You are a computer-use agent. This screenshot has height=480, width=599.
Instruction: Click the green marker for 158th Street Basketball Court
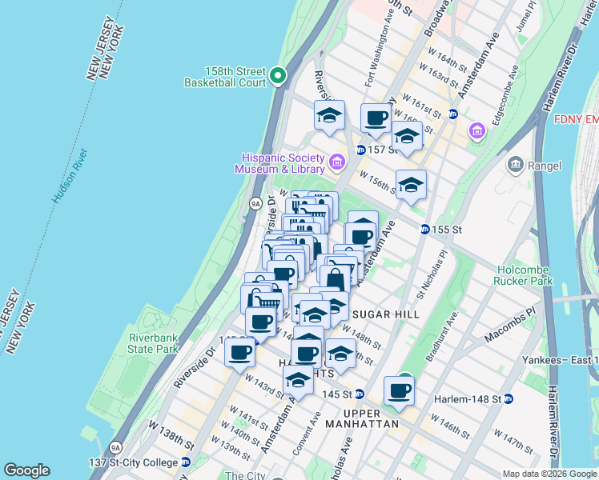(278, 76)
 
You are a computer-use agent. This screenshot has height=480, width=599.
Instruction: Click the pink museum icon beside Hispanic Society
(336, 163)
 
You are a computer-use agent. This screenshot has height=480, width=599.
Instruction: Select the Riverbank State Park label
(155, 343)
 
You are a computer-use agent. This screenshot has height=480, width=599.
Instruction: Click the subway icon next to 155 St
(424, 230)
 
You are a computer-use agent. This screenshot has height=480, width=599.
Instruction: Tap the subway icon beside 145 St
(360, 394)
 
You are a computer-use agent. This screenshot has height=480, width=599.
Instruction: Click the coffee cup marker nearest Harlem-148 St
(400, 391)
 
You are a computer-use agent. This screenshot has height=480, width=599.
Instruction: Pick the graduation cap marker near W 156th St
(411, 185)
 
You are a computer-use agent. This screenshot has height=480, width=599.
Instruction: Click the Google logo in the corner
(26, 470)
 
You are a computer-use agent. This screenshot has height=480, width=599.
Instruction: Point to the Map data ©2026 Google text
(549, 474)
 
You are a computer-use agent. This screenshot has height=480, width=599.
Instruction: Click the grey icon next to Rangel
(516, 166)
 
